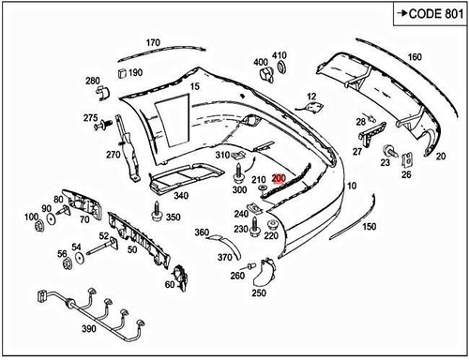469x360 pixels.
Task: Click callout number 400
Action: (260, 63)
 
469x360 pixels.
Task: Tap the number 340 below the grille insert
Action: (181, 196)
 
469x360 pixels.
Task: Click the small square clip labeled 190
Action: (123, 73)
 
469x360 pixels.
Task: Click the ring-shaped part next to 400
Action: (280, 69)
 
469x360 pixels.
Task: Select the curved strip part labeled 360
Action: (223, 251)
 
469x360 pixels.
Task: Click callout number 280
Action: (93, 81)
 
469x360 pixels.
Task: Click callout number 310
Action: (222, 155)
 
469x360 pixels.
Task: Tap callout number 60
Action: (171, 284)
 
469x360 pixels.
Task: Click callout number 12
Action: (311, 96)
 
